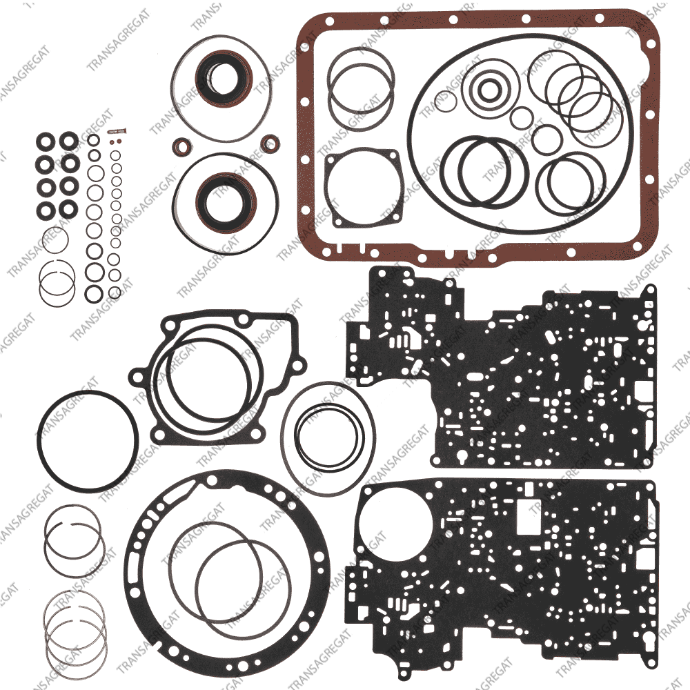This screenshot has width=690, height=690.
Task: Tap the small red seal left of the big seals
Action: (181, 146)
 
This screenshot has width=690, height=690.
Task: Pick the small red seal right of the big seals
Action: (269, 144)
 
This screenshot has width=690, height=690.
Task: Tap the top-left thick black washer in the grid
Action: (46, 142)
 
